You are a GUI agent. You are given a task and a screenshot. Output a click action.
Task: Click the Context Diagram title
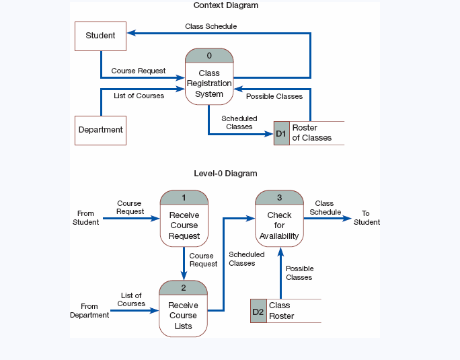point(225,5)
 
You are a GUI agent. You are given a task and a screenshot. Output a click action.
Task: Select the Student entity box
point(100,36)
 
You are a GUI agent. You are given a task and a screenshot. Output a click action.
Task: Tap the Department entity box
point(100,130)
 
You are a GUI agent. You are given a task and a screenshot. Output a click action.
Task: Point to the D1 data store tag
point(281,133)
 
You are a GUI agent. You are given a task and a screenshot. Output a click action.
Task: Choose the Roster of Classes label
point(311,133)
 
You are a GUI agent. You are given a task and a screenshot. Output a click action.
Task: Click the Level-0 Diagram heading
point(225,174)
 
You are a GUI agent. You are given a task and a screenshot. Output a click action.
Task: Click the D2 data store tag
point(258,312)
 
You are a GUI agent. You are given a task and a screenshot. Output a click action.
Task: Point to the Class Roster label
point(281,311)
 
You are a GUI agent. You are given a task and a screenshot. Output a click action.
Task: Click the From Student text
point(85,218)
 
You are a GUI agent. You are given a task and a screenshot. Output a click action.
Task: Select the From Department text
point(89,311)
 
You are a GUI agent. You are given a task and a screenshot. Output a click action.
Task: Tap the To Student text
point(367,218)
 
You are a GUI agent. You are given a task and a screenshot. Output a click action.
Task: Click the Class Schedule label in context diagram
point(210,26)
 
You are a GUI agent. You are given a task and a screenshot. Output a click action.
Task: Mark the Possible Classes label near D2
point(299,273)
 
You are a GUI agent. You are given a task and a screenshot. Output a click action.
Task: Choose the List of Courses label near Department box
point(139,96)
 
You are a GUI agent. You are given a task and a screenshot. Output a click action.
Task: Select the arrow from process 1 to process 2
point(184,262)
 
